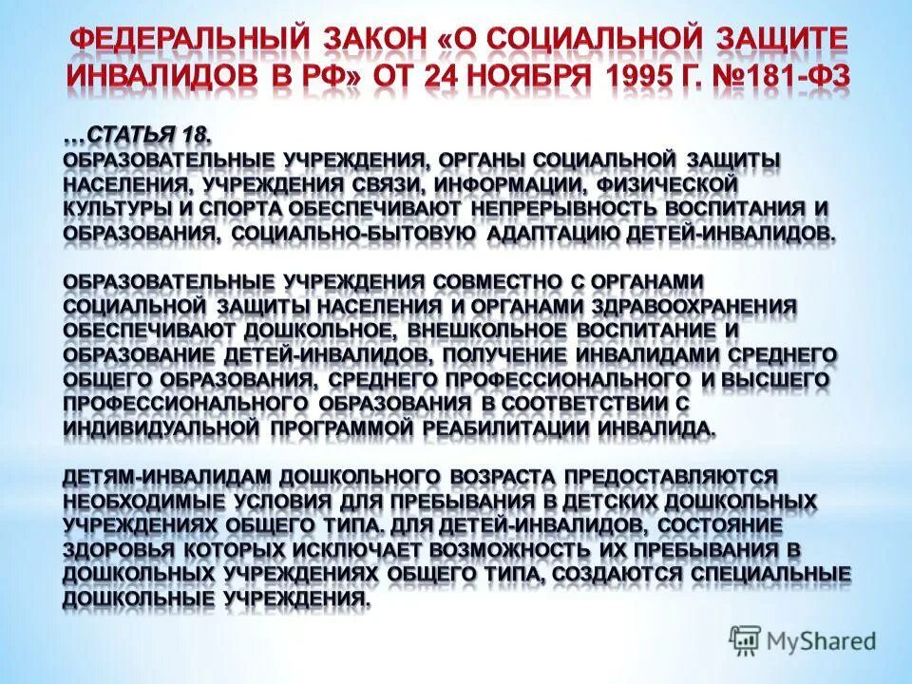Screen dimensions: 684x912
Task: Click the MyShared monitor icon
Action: pos(747,639)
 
